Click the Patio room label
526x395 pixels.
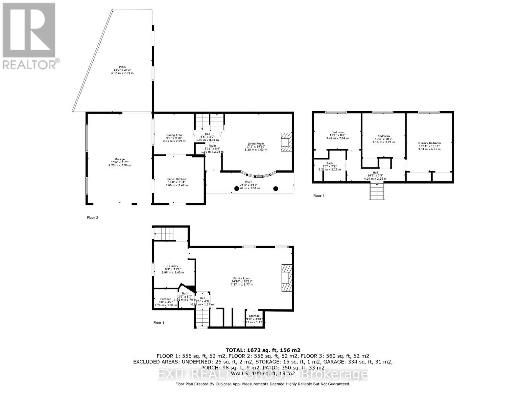click(x=122, y=70)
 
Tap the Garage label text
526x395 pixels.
click(x=120, y=162)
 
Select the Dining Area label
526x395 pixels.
click(x=174, y=138)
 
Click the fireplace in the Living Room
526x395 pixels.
click(x=286, y=142)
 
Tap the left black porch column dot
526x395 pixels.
click(x=237, y=189)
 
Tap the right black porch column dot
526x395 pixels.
click(x=276, y=189)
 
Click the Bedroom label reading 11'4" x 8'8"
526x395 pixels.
click(x=337, y=135)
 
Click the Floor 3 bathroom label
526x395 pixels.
click(x=329, y=166)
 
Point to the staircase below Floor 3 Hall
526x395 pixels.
click(x=377, y=191)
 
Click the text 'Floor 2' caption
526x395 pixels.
click(x=92, y=218)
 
